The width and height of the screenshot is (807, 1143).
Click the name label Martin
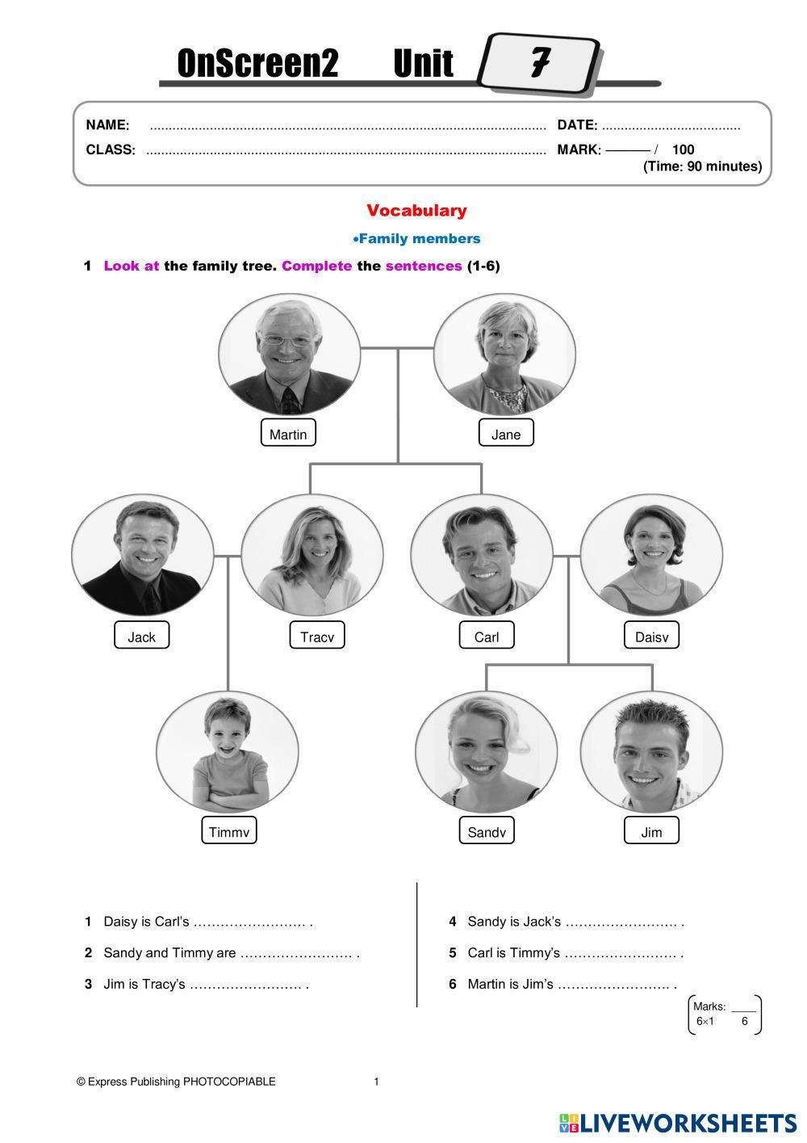(x=288, y=434)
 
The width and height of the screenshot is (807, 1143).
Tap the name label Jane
(x=506, y=434)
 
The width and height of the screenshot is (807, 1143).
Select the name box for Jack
(x=141, y=637)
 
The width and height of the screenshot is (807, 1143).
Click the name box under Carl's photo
(x=487, y=637)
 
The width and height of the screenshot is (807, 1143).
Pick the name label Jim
(x=651, y=832)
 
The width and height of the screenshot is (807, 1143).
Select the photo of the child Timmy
(x=228, y=751)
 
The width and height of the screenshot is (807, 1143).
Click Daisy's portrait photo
(x=651, y=555)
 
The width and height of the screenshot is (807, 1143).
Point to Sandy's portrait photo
(x=487, y=751)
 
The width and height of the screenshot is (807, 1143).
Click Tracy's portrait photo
(x=312, y=555)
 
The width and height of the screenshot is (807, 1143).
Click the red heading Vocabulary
(x=416, y=211)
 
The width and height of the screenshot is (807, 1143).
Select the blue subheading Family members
(x=417, y=238)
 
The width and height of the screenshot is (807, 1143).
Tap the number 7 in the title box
(x=539, y=62)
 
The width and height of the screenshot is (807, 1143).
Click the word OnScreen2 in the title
(x=257, y=64)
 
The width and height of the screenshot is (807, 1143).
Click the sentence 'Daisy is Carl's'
(x=146, y=922)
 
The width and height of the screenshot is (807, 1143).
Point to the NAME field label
(x=107, y=125)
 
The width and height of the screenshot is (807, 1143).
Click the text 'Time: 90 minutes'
(x=702, y=166)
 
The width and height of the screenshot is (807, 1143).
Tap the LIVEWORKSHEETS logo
(x=678, y=1123)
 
